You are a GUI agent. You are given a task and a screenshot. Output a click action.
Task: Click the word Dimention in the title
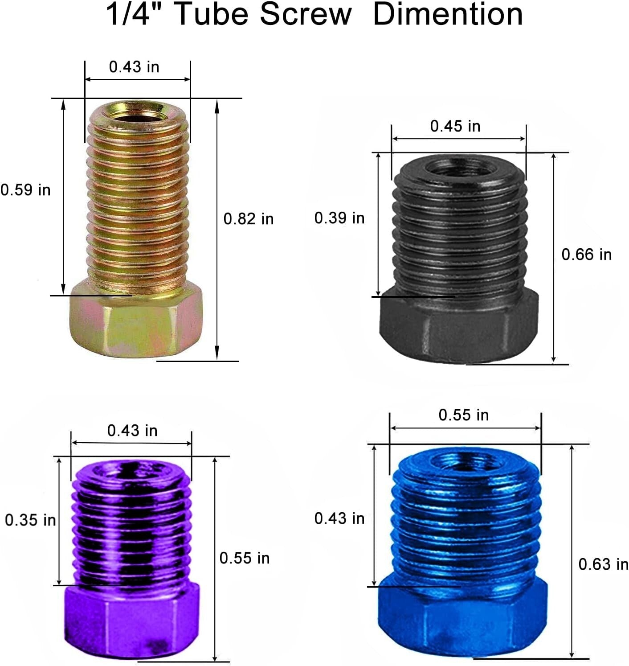(448, 14)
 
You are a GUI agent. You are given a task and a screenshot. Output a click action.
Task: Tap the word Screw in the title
(306, 14)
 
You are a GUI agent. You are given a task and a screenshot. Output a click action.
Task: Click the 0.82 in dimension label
(249, 219)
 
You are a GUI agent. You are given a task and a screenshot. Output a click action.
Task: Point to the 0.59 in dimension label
(25, 190)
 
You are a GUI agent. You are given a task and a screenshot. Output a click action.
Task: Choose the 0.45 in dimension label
(455, 126)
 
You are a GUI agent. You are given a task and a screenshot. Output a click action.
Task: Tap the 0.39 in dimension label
(339, 218)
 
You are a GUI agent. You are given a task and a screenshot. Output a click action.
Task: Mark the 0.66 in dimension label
(587, 255)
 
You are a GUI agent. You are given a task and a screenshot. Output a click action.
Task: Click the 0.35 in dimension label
(30, 520)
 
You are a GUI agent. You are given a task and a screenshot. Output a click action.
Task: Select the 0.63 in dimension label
(604, 564)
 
